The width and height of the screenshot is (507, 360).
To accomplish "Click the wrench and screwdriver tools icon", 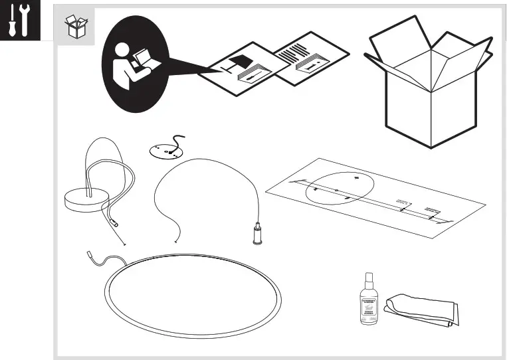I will (18, 20).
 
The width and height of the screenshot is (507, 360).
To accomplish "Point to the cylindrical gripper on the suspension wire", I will (256, 233).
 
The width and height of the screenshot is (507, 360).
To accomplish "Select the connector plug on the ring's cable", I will (90, 254).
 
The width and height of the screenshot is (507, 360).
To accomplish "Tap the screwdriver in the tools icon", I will (11, 21).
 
